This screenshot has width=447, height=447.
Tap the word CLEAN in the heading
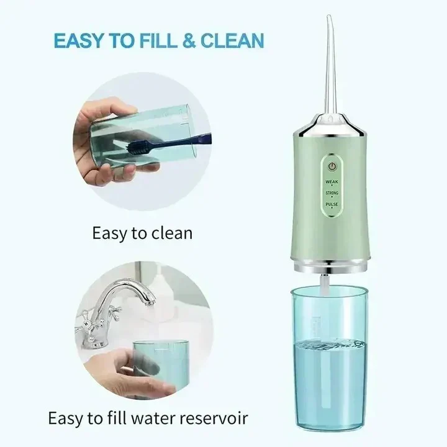pyautogui.click(x=232, y=41)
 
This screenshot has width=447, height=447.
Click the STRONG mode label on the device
pyautogui.click(x=332, y=194)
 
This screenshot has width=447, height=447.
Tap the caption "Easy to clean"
pyautogui.click(x=142, y=233)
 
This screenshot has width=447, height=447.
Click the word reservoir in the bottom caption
pyautogui.click(x=211, y=417)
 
